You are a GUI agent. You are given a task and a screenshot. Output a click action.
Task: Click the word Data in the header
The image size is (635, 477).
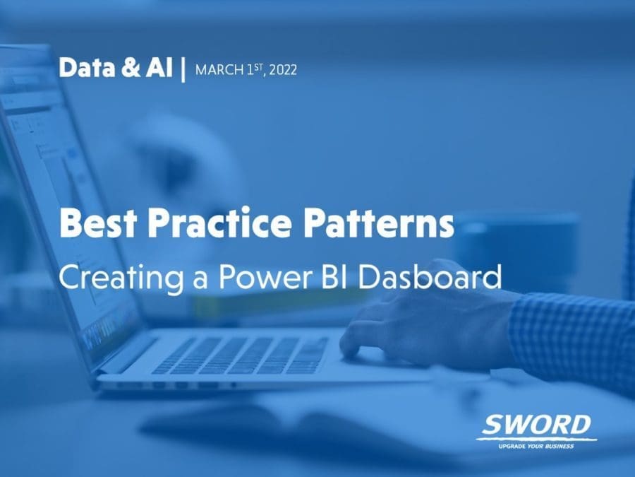(x=87, y=67)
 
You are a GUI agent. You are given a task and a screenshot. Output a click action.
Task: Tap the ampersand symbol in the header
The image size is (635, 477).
(x=131, y=67)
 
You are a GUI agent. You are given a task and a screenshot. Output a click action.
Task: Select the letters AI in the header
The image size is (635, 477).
(x=159, y=67)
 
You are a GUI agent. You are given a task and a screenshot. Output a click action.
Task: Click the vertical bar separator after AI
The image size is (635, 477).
(x=183, y=69)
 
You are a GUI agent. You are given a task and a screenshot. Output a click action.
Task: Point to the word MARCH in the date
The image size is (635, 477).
(x=219, y=70)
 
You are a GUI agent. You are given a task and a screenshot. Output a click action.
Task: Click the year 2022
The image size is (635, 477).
(x=283, y=70)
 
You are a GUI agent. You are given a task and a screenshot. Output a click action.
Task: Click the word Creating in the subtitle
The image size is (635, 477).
(x=121, y=278)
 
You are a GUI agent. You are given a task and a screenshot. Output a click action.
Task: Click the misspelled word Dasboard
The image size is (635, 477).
(x=430, y=276)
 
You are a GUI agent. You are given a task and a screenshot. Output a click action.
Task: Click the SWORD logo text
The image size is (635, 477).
(x=536, y=425)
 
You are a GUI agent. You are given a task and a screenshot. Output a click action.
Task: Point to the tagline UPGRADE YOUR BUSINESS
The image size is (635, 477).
(x=536, y=446)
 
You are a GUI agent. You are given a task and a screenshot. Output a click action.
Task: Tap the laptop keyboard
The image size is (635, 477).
(x=241, y=355)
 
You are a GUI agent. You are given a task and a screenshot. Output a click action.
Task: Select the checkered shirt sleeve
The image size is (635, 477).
(x=571, y=341)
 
